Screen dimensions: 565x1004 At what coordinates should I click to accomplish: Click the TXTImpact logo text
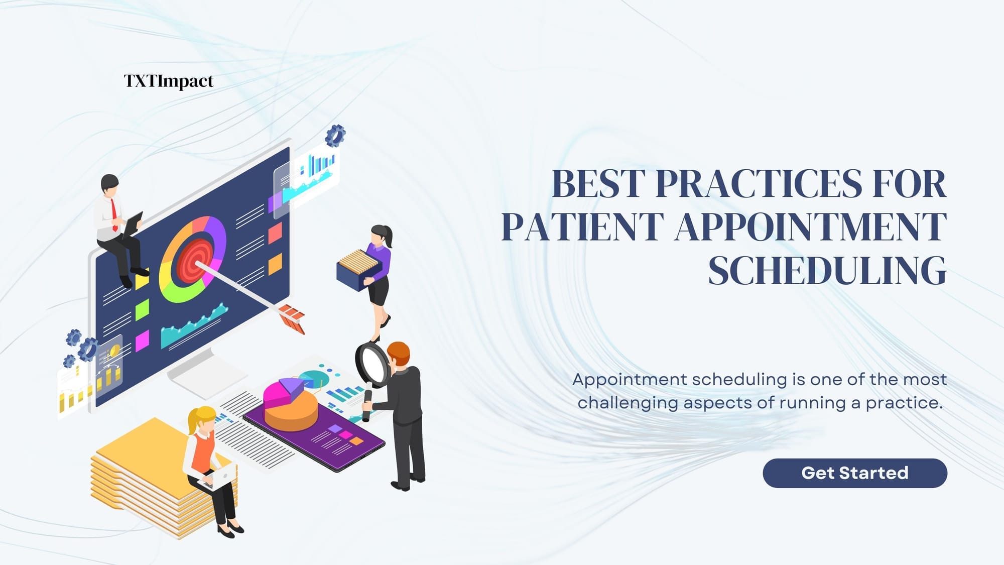[169, 81]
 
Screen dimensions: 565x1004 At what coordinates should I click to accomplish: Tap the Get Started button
[854, 473]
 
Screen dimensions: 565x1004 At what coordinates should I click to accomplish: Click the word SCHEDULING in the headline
[827, 271]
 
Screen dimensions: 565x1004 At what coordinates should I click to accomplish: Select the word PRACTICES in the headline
[758, 184]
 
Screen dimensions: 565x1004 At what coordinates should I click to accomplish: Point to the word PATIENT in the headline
[582, 227]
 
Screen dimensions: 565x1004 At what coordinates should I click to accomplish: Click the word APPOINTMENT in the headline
[810, 227]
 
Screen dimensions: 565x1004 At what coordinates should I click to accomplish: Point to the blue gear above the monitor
[335, 135]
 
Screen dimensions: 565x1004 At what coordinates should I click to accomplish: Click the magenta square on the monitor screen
[143, 340]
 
